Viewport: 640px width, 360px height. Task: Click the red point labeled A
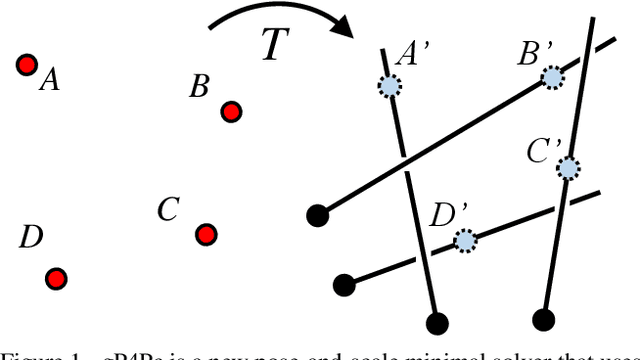[x=26, y=65]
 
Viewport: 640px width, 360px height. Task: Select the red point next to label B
[x=231, y=111]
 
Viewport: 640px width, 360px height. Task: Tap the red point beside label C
[x=206, y=234]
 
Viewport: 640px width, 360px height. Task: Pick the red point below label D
[x=56, y=278]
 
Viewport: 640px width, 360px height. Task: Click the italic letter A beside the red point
[x=49, y=80]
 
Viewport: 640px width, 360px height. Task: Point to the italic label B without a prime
[x=200, y=87]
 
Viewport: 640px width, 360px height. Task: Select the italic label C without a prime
[x=168, y=210]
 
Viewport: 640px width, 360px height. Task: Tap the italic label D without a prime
[x=31, y=237]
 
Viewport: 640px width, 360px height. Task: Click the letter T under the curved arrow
[x=276, y=46]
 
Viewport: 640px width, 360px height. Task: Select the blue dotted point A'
[x=388, y=87]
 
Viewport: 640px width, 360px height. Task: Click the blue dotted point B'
[x=551, y=77]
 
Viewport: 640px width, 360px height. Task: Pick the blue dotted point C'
[x=568, y=167]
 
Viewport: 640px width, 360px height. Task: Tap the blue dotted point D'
[x=464, y=240]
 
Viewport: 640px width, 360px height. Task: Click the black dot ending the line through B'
[x=317, y=213]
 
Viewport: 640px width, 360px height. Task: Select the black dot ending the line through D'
[x=344, y=285]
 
